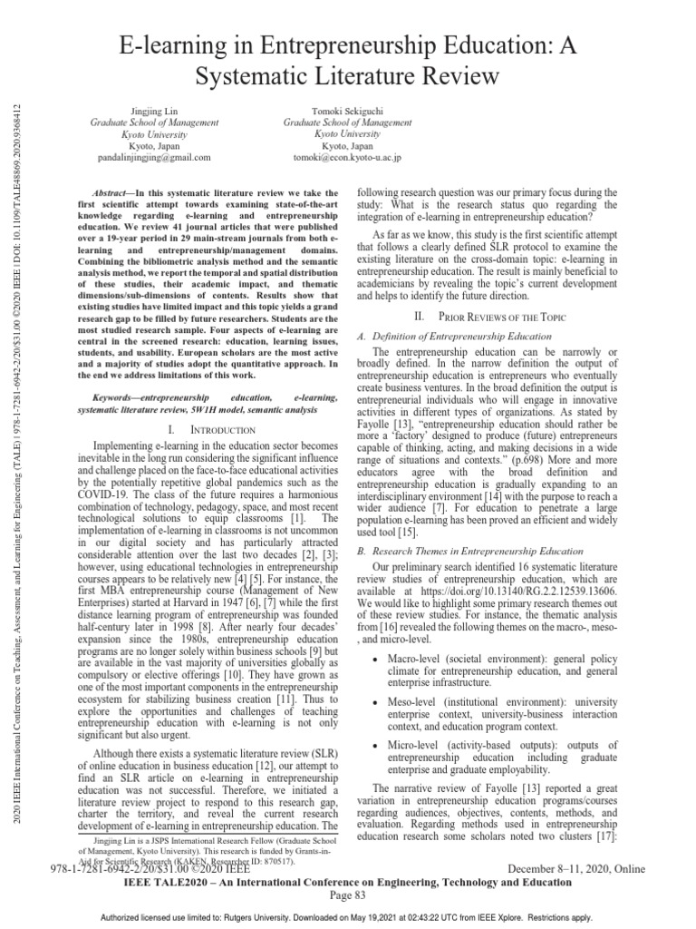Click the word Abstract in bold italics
[x=114, y=193]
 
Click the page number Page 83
[x=347, y=895]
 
